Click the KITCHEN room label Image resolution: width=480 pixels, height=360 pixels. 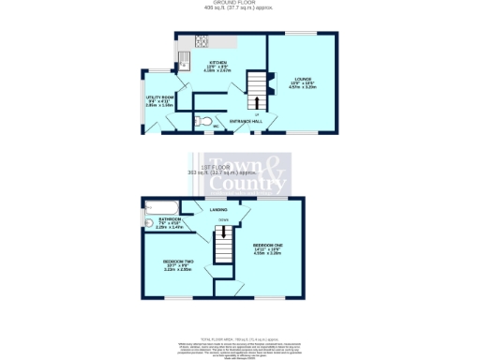(x=217, y=62)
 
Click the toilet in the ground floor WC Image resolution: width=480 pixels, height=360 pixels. (x=200, y=121)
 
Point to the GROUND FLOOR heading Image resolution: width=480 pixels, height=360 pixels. (x=239, y=4)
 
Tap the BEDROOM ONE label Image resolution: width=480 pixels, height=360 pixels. (x=268, y=246)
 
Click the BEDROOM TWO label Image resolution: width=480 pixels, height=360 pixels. (x=178, y=261)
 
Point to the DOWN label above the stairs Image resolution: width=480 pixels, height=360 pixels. (x=224, y=220)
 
